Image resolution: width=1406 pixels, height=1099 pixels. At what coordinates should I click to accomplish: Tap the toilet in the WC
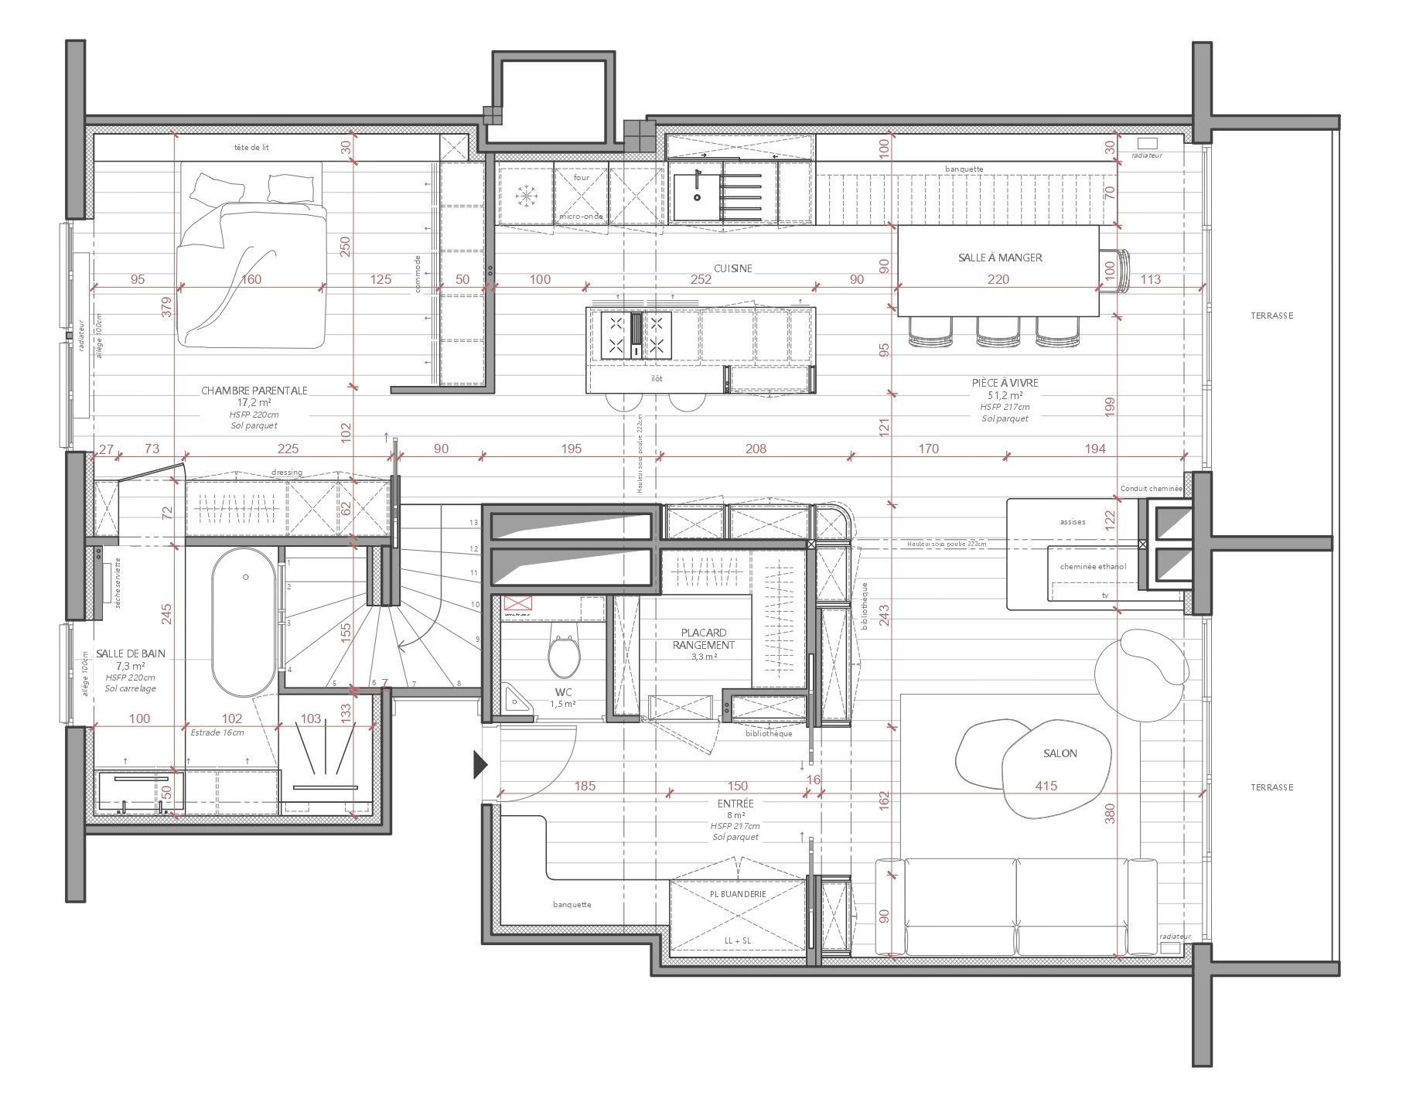click(564, 655)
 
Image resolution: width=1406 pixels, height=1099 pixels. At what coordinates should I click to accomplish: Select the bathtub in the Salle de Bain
click(244, 623)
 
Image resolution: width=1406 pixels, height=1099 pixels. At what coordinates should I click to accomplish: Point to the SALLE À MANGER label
click(1000, 258)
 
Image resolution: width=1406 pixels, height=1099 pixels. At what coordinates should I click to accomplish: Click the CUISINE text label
click(732, 268)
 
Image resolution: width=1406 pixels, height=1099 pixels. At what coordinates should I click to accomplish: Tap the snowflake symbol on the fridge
click(526, 196)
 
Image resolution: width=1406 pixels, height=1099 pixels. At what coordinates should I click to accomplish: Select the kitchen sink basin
click(696, 196)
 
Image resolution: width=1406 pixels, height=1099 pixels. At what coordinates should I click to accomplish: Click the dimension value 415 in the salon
click(1046, 786)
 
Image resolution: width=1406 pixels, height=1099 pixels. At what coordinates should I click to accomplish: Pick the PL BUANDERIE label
click(738, 894)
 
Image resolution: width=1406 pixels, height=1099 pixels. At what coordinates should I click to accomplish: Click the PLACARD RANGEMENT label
click(703, 639)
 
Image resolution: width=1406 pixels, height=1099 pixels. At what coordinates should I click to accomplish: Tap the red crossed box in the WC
click(514, 603)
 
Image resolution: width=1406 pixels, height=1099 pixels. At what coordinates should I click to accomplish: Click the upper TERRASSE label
click(1271, 316)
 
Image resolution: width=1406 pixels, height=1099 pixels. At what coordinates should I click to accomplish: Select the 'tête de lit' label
click(251, 147)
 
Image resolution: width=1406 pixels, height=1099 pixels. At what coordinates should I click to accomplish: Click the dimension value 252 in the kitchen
click(701, 279)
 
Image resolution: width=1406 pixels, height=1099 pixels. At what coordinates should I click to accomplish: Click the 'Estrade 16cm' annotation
click(217, 732)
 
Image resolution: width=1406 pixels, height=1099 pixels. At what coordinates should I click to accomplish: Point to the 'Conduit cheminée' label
click(1151, 489)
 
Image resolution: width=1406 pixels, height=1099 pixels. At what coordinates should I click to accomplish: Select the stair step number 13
click(473, 523)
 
